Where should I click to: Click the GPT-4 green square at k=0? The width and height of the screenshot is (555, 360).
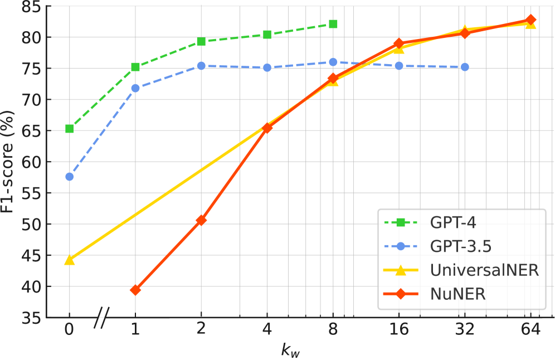click(x=70, y=129)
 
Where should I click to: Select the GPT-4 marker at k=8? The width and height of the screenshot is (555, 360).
click(x=333, y=24)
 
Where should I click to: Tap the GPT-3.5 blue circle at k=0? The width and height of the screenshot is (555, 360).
click(x=70, y=177)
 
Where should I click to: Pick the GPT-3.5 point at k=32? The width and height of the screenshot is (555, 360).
click(x=465, y=67)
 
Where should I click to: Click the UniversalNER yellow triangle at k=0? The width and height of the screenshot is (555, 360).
click(x=70, y=259)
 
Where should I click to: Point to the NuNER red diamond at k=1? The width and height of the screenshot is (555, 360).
click(x=135, y=290)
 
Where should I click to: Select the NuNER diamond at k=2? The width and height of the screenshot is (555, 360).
click(x=201, y=220)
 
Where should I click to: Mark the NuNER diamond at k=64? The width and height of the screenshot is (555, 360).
click(x=531, y=20)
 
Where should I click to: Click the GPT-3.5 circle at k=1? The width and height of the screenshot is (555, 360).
click(x=135, y=88)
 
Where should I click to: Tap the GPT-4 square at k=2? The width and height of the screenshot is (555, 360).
click(x=201, y=42)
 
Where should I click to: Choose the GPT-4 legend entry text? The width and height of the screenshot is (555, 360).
click(x=453, y=223)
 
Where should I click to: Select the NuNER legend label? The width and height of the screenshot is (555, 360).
click(x=457, y=294)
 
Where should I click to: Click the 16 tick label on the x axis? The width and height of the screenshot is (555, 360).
click(x=399, y=329)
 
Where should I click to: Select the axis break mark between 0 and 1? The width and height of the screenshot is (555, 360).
click(x=100, y=318)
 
